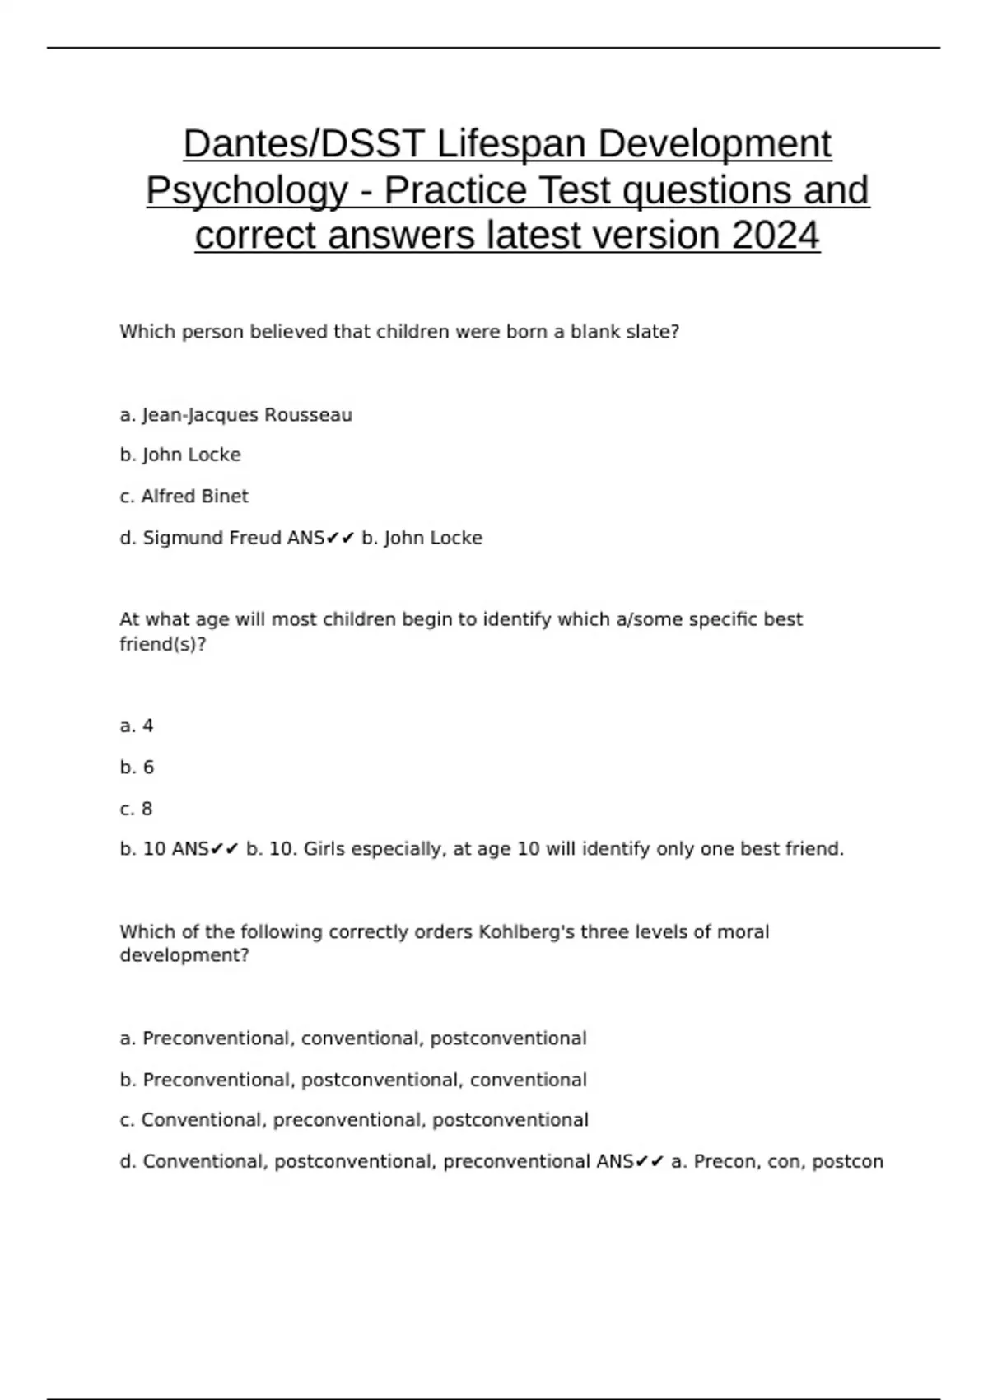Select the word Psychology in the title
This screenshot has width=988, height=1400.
pyautogui.click(x=247, y=191)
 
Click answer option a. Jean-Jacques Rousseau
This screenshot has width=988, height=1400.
pyautogui.click(x=235, y=415)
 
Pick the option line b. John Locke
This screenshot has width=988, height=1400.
pyautogui.click(x=180, y=455)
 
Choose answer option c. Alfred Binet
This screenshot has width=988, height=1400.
pyautogui.click(x=184, y=497)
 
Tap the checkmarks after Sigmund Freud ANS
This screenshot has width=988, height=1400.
pyautogui.click(x=340, y=539)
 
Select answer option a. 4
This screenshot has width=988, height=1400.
pyautogui.click(x=137, y=726)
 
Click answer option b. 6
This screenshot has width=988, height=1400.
pyautogui.click(x=137, y=768)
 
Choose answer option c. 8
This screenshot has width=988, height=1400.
pyautogui.click(x=137, y=809)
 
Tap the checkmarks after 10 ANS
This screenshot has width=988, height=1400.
pyautogui.click(x=224, y=849)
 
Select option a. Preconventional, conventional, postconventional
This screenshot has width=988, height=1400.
pyautogui.click(x=353, y=1038)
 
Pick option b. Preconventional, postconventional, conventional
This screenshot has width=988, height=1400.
pyautogui.click(x=353, y=1080)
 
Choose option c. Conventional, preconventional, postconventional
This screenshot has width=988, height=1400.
pyautogui.click(x=354, y=1120)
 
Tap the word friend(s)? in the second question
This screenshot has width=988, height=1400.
pyautogui.click(x=162, y=644)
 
